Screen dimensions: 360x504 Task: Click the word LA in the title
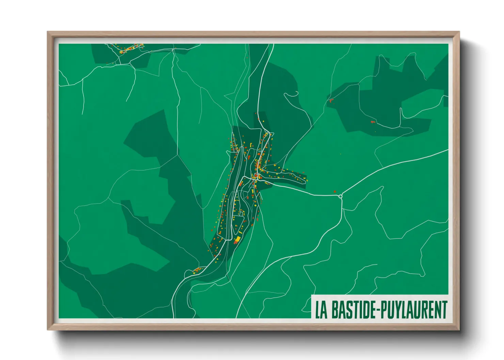tap(321, 309)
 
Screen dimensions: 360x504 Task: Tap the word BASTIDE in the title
tap(353, 309)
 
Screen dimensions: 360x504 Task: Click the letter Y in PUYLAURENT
tap(398, 309)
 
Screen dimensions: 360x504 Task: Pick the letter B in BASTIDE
tap(335, 309)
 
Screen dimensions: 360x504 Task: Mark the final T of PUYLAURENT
tap(444, 309)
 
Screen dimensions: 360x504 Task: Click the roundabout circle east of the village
tap(340, 196)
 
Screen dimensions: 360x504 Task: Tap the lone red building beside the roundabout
tap(335, 192)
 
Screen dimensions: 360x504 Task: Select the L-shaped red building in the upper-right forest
tap(372, 121)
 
